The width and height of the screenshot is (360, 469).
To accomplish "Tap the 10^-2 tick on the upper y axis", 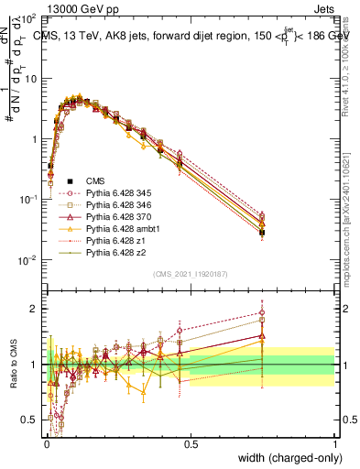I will tap(28, 259).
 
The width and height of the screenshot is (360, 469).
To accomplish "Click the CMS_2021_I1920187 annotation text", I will tap(190, 274).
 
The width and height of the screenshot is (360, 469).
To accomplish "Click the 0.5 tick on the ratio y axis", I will tap(30, 420).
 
